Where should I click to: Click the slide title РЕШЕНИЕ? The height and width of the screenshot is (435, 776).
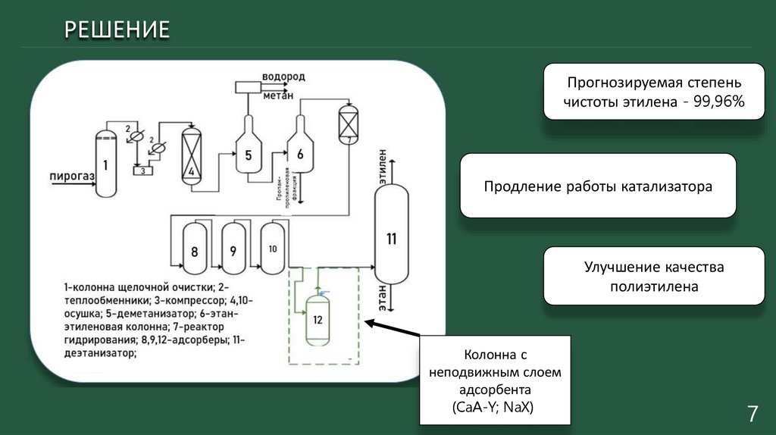tap(116, 30)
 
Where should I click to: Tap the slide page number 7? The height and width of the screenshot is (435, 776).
tap(753, 414)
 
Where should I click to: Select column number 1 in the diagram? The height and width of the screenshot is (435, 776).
tap(105, 163)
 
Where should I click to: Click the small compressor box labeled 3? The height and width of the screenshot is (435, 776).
tap(142, 170)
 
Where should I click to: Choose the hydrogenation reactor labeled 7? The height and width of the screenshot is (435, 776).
tap(347, 122)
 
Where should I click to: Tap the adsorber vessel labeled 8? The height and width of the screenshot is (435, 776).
tap(195, 249)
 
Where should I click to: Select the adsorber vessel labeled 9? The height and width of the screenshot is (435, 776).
tap(233, 249)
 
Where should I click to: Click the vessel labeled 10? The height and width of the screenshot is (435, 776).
tap(272, 247)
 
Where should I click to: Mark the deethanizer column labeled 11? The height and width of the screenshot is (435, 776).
tap(391, 237)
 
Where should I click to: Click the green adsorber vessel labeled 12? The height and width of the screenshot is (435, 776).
tap(318, 320)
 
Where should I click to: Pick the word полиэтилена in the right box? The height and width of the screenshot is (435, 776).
tap(654, 287)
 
